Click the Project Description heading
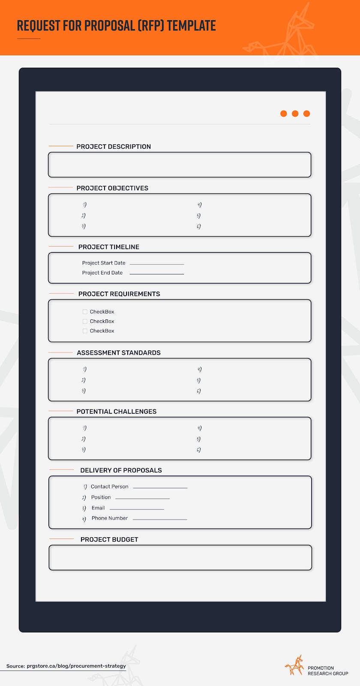point(114,147)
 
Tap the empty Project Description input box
point(180,165)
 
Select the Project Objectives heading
point(112,188)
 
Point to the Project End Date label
point(102,273)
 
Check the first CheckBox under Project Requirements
point(85,312)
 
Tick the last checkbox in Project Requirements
point(85,331)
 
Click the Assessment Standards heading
point(119,353)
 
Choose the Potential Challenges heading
point(117,412)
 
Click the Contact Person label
point(110,487)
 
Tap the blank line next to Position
point(143,498)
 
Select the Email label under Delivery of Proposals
point(98,508)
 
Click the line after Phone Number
point(160,519)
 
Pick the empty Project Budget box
point(180,557)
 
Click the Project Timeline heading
point(109,247)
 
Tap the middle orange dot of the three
point(295,114)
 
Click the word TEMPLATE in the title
point(192,26)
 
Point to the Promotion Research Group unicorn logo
point(294,665)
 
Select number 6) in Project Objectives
point(199,226)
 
